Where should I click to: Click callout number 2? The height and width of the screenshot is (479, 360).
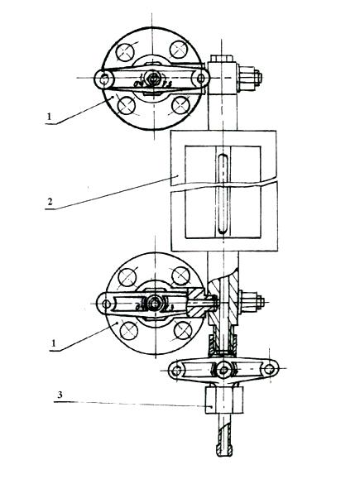(50, 202)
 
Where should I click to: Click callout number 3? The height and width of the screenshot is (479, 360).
(60, 395)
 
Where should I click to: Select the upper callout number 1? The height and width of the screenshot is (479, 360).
(50, 117)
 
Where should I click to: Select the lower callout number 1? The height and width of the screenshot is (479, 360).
(54, 343)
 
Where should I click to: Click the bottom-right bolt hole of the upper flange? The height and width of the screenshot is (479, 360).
(181, 105)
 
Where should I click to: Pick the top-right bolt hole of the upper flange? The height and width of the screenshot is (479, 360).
(179, 49)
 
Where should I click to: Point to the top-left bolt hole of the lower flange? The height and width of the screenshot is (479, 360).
(127, 277)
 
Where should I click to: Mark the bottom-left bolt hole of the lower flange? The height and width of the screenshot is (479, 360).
(128, 331)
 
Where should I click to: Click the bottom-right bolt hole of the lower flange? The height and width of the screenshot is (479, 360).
(183, 330)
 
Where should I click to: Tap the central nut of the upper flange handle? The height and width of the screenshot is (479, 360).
(152, 78)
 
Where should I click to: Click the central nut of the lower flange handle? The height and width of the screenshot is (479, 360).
(155, 304)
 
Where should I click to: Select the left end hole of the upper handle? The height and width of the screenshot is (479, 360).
(104, 79)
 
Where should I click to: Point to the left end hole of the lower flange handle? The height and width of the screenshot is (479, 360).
(106, 304)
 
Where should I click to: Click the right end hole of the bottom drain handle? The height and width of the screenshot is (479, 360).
(269, 369)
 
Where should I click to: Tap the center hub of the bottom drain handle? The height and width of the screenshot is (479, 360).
(224, 371)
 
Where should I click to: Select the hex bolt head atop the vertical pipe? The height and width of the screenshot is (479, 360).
(222, 59)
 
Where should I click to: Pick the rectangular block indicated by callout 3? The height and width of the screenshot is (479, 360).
(224, 400)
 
